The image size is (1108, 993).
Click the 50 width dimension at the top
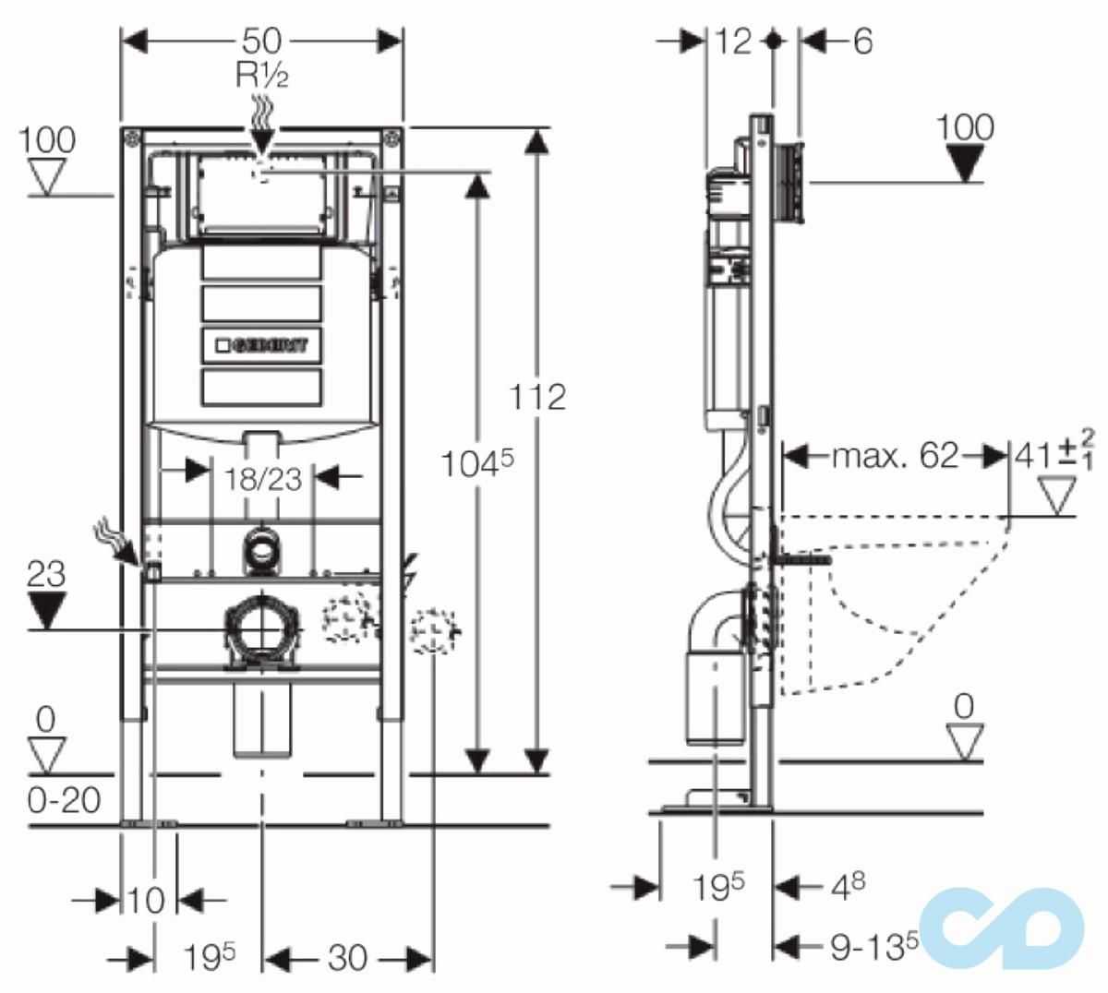tap(263, 42)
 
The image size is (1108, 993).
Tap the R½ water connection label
tap(262, 75)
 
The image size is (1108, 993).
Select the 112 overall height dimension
tap(538, 396)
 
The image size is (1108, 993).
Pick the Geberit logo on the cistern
tap(264, 344)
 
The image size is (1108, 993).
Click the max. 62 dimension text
tap(895, 456)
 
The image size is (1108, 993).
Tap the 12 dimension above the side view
tap(733, 42)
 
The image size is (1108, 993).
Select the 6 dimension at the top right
tap(861, 42)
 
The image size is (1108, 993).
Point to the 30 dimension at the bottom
tap(347, 958)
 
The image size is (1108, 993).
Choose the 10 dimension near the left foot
tap(147, 900)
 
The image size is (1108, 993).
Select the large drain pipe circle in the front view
tap(263, 629)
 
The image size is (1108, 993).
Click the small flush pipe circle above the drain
tap(263, 552)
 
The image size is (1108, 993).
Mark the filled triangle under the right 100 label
tap(966, 163)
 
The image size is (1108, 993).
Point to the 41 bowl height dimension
tap(1035, 456)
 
